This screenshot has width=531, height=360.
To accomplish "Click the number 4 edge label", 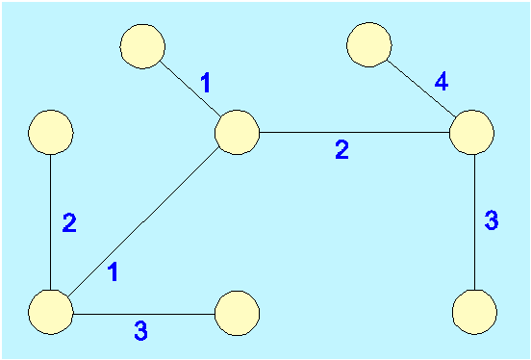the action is point(442,82).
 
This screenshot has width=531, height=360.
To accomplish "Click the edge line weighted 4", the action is point(421,89).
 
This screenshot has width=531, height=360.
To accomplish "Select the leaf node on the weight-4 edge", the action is point(369,44).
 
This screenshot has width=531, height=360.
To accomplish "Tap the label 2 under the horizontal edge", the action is point(342,150).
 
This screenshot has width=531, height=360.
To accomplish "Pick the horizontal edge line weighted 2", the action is point(354,132).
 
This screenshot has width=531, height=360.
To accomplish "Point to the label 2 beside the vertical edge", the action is point(69,223).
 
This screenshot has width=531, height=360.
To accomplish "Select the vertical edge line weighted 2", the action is point(50,222).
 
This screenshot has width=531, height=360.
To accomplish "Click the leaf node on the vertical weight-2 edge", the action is point(50,132).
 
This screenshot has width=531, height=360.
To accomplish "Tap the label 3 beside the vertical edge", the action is point(492,220).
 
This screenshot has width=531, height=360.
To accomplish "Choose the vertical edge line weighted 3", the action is point(474,222).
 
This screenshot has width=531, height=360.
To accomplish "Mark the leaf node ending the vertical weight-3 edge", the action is point(474,312).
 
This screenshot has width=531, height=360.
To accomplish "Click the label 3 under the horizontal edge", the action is point(140,331).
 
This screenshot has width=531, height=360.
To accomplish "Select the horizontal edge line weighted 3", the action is point(144,314).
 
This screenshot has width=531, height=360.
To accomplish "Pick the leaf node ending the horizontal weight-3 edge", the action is point(237,313).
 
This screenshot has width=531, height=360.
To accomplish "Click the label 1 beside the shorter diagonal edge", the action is point(206,84).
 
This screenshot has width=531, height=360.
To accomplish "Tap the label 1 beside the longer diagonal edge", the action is point(114,272).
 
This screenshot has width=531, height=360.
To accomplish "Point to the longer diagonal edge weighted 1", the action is point(143,222).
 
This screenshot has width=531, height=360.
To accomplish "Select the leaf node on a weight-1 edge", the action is point(142,46).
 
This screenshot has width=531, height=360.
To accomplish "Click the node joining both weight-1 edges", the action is point(237,132).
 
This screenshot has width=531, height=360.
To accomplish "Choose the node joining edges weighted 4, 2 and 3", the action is point(471,132).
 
